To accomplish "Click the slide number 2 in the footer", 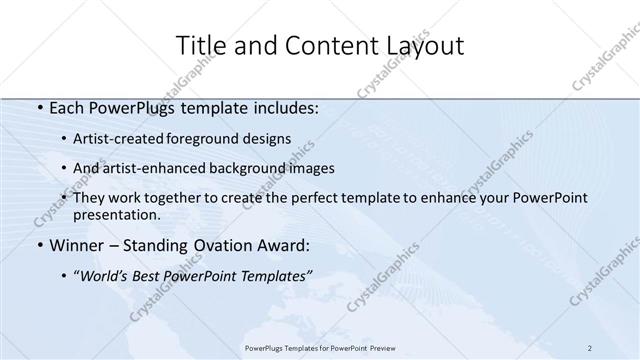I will click(589, 347).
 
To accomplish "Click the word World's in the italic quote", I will click(109, 274).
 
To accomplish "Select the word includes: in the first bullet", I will click(284, 108).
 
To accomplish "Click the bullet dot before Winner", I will click(38, 246).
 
